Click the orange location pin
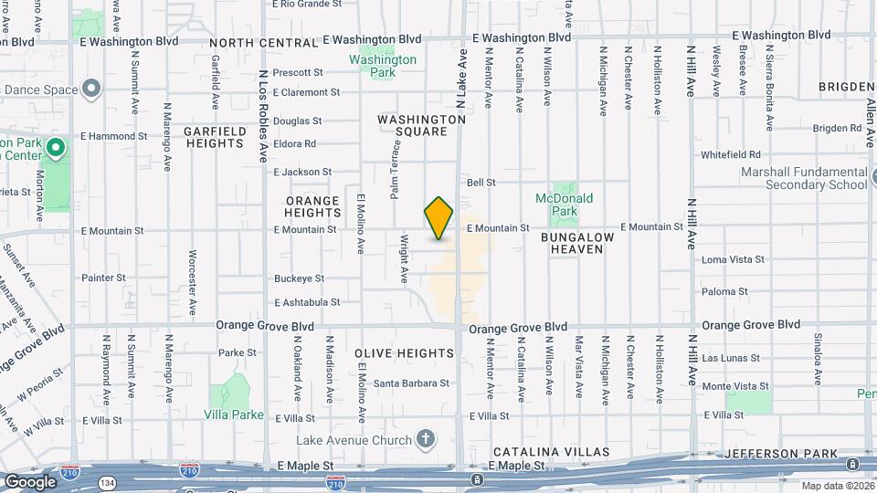coord(438,218)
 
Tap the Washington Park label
coord(383,59)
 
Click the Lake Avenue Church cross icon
coord(425,439)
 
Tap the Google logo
coord(29,482)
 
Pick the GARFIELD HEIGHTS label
coord(215,137)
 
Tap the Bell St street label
coord(481,183)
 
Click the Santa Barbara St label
coord(408,383)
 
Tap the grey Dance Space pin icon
coord(90,89)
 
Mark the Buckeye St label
coord(299,278)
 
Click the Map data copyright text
coord(837,486)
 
